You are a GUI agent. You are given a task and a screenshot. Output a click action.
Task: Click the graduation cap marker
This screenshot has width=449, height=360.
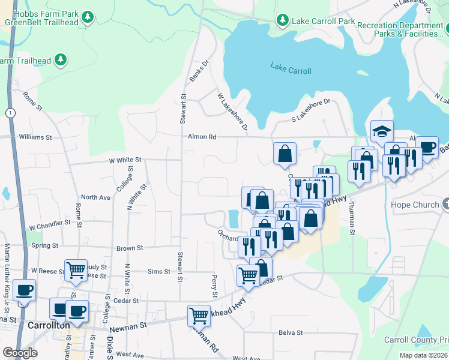pos(382,131)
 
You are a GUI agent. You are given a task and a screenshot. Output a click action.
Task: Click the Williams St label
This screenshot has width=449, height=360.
pos(35,137)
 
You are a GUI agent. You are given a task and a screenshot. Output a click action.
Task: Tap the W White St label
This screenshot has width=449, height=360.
pos(124,160)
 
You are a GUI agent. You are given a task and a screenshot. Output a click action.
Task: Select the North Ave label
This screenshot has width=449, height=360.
pos(95,197)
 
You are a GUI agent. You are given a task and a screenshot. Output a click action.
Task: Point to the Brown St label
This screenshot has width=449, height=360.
pos(130,248)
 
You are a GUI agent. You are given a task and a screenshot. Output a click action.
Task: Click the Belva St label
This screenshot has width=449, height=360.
pos(289,332)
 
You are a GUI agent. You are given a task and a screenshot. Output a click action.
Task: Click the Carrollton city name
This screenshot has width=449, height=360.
pos(49,325)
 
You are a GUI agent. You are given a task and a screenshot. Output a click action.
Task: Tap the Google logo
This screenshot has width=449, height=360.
pos(20,353)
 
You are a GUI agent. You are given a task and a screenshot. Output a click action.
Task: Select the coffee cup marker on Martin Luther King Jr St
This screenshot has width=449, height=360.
pos(24,290)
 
